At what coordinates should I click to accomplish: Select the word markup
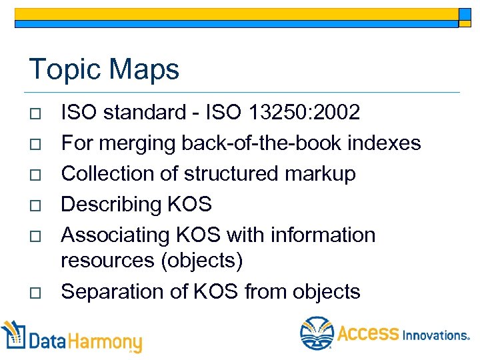[x=320, y=174]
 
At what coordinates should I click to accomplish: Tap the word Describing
[x=116, y=205]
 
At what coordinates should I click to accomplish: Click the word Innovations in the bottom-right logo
[x=435, y=335]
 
